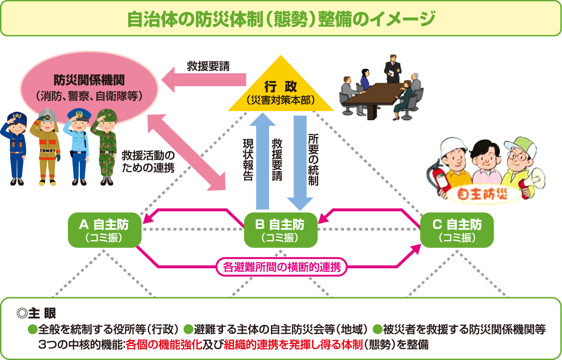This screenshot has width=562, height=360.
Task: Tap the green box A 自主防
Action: click(x=104, y=230)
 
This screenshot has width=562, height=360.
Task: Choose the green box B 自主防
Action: click(x=281, y=230)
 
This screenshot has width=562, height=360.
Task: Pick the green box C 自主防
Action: click(x=457, y=230)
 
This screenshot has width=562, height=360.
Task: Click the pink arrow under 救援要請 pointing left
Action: click(x=205, y=80)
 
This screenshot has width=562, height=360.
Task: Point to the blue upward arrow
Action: click(x=263, y=162)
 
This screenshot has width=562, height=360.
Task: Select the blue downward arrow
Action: click(x=300, y=162)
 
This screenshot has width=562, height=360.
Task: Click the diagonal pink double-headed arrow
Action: click(x=187, y=153)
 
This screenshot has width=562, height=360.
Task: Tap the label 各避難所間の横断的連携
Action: click(x=281, y=267)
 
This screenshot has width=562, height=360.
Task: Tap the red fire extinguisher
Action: click(x=438, y=178)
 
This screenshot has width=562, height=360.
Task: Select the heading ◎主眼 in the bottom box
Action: click(x=36, y=313)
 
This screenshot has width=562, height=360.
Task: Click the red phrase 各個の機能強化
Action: click(x=164, y=344)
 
